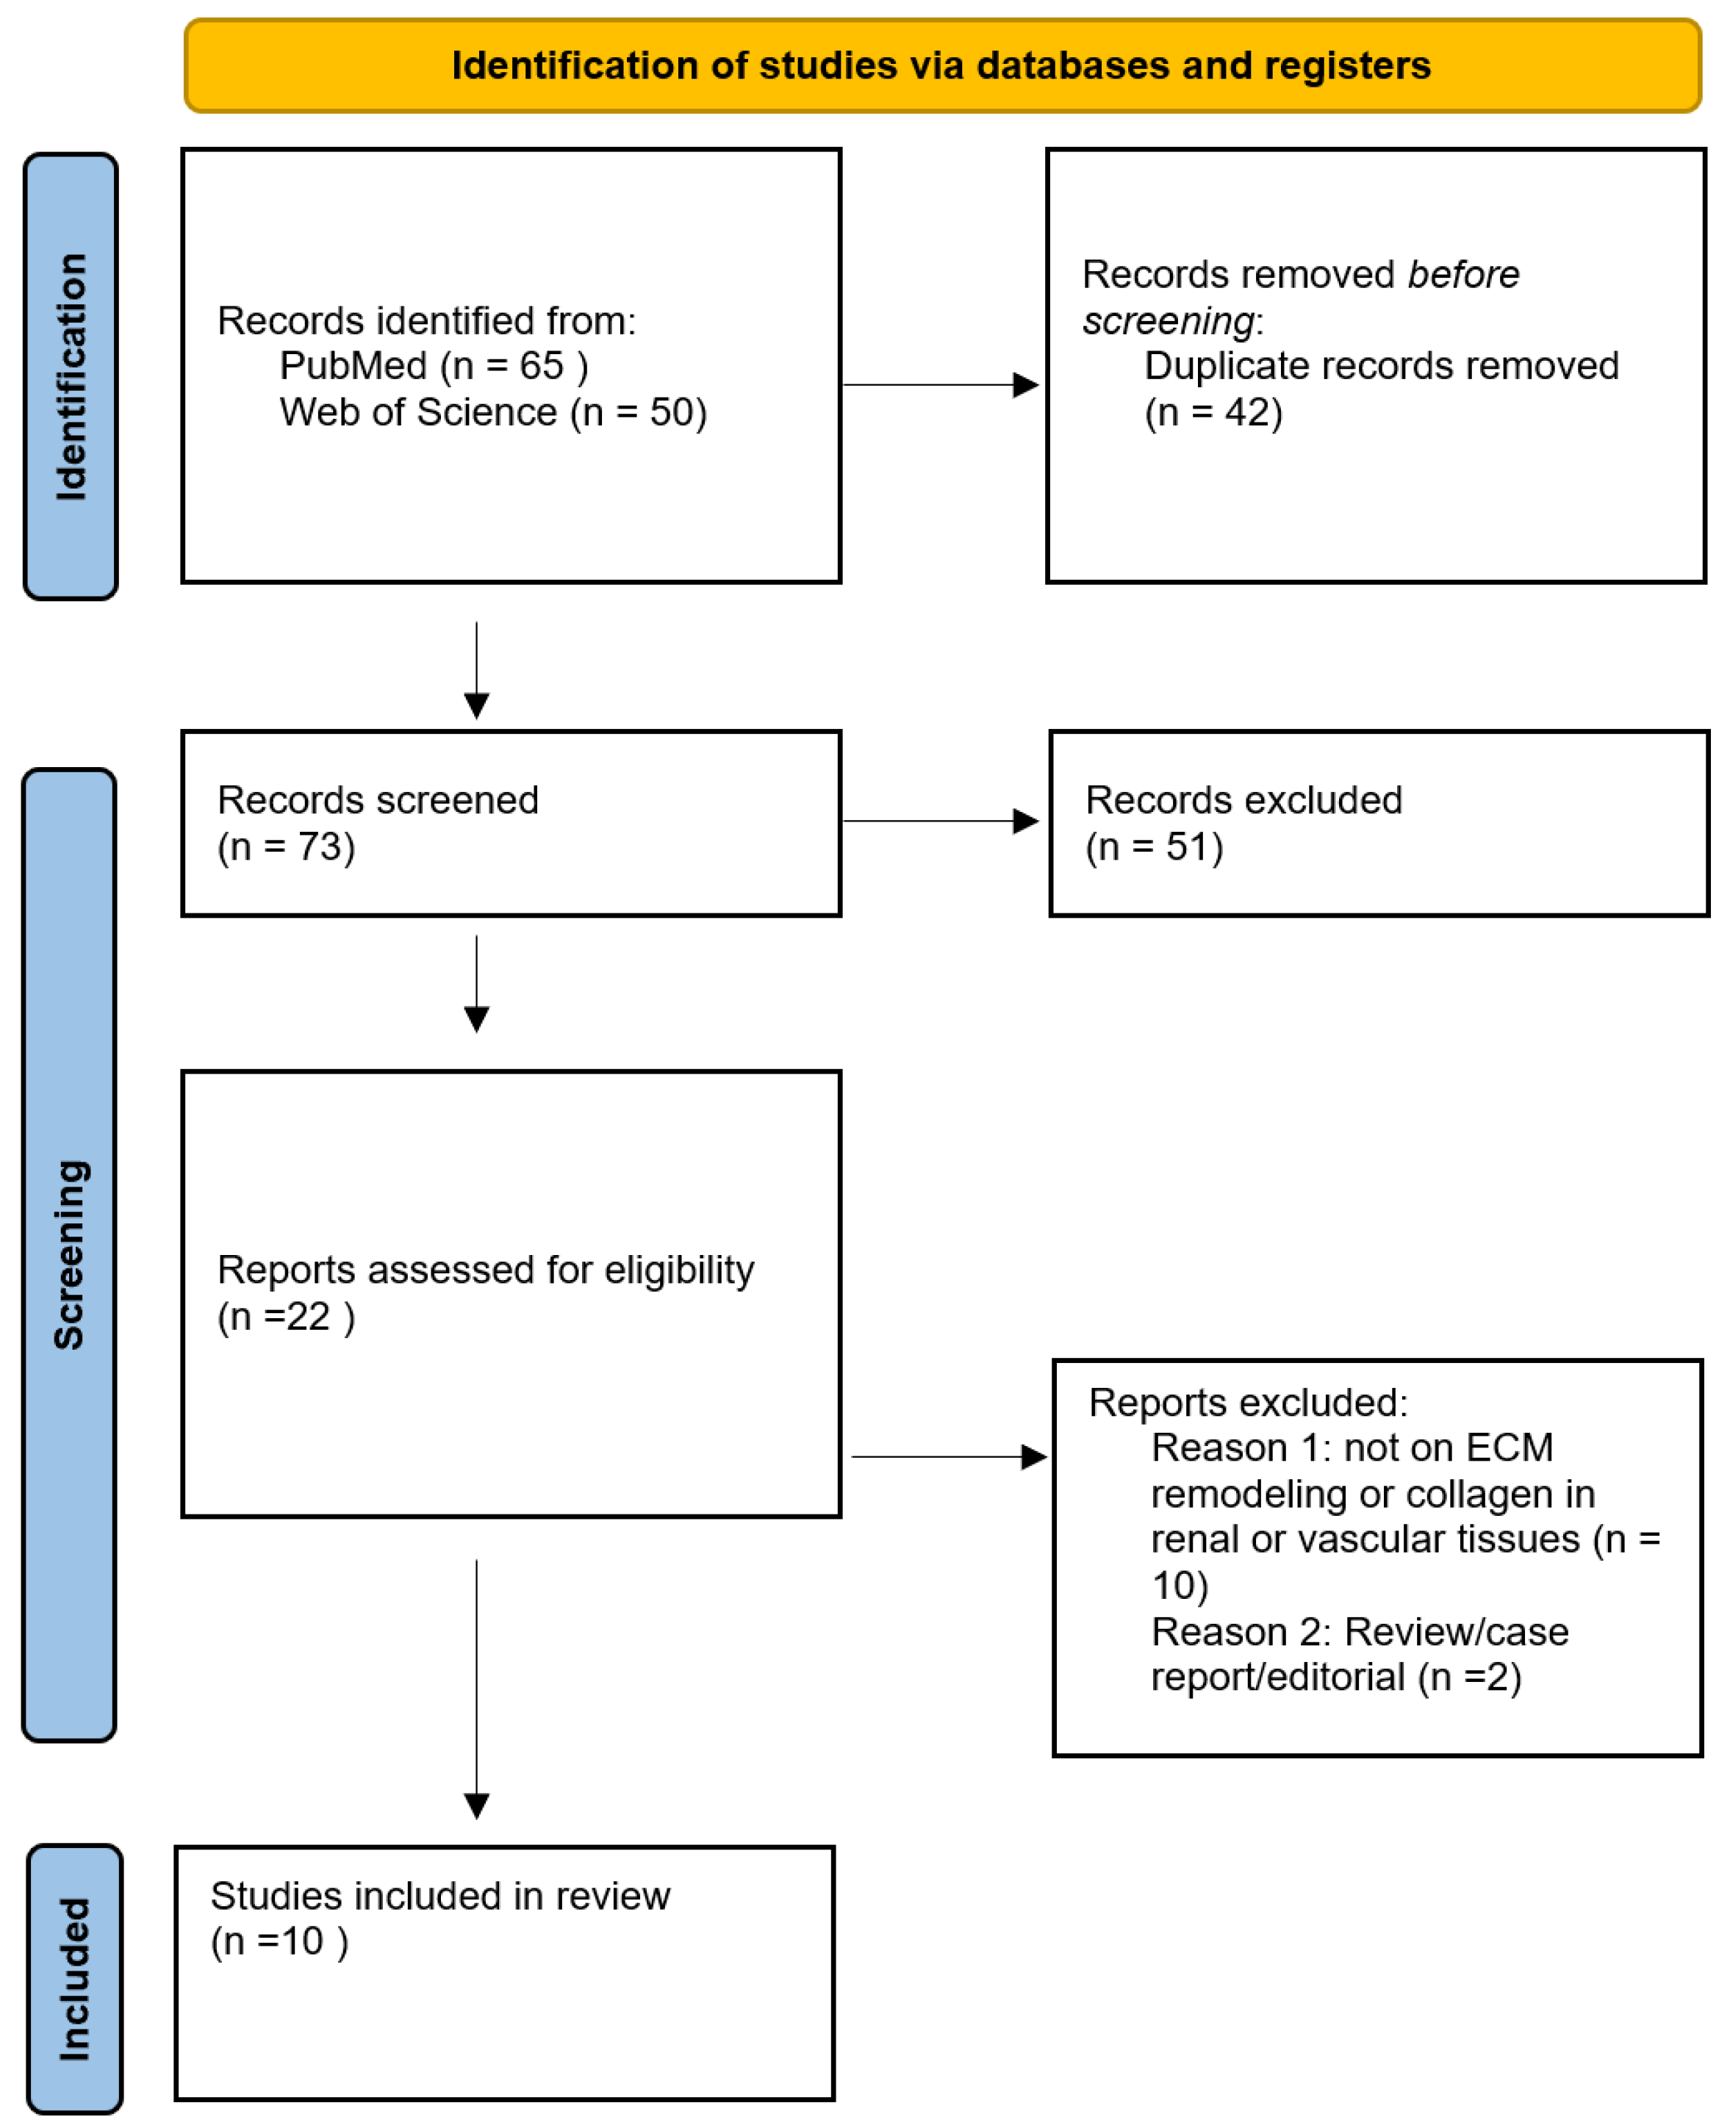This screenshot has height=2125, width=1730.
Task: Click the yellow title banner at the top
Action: point(941,65)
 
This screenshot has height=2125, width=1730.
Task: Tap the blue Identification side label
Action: point(71,377)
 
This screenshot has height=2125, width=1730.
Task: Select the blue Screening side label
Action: point(70,1254)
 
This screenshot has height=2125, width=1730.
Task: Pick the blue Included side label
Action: point(75,1979)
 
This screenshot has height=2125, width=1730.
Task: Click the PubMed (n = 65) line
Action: point(434,367)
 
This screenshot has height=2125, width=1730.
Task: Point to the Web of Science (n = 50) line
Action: point(493,412)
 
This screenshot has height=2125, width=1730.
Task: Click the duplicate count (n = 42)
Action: point(1214,412)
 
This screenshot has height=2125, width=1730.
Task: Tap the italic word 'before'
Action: point(1463,274)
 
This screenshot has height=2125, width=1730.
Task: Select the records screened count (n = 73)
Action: point(286,846)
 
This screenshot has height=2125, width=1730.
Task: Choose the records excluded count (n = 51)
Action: point(1154,846)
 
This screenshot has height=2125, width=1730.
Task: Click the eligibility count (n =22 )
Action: point(286,1317)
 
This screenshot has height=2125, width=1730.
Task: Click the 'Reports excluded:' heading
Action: point(1248,1403)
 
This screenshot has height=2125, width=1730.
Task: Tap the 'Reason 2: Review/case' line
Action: point(1360,1632)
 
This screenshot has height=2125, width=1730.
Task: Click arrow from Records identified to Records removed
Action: point(941,384)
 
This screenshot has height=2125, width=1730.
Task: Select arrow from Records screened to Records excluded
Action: point(941,821)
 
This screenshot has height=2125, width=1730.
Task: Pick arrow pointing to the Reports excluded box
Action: point(950,1456)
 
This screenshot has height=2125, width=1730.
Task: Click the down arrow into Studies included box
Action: point(476,1689)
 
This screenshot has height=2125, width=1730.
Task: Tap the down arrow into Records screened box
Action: point(476,670)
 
